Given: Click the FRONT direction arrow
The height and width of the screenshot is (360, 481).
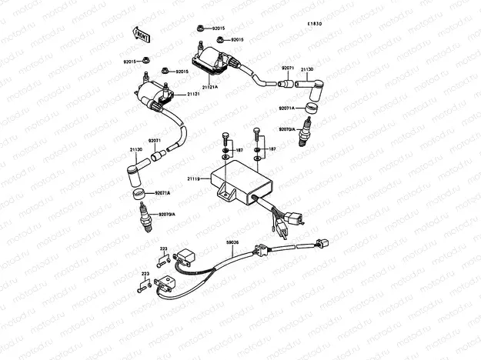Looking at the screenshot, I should (x=141, y=35).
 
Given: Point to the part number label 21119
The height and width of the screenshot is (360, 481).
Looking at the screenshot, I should (x=194, y=178).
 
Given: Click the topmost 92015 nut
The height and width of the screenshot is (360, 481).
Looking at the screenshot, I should (x=199, y=28).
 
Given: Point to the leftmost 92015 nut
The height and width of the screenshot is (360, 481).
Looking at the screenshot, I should (x=147, y=61).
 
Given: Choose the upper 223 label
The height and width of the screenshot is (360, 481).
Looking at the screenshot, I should (x=163, y=249).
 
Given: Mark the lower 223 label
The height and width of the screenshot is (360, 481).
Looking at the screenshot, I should (x=145, y=274).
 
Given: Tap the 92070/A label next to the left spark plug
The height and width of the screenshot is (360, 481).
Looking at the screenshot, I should (x=167, y=214).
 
